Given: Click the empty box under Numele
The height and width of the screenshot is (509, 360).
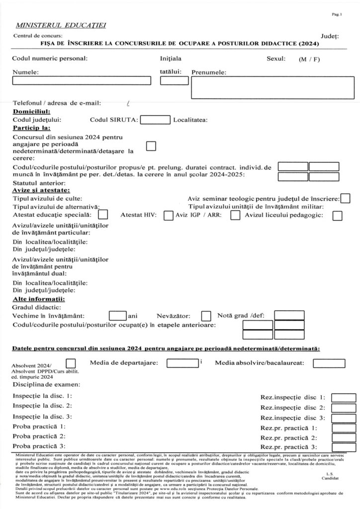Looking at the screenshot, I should click(81, 81).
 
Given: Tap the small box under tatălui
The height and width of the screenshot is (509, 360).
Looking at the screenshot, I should click(171, 81).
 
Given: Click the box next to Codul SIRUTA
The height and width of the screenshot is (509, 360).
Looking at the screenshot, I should click(155, 119).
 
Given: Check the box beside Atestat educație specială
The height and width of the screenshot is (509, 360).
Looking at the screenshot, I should click(103, 215).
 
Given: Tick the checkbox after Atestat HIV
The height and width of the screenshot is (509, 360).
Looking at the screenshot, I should click(168, 215).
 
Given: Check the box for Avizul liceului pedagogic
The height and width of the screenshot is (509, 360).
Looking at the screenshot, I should click(337, 215).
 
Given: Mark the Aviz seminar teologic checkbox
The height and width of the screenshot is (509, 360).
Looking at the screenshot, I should click(345, 198).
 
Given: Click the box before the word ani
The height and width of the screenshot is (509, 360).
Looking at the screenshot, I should click(117, 315).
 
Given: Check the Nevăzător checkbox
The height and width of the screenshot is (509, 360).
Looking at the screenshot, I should click(206, 316).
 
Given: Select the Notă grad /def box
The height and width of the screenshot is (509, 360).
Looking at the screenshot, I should click(289, 315).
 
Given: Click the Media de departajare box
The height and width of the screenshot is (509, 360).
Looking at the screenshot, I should click(182, 363).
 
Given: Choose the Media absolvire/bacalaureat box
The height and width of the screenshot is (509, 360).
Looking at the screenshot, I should click(329, 363).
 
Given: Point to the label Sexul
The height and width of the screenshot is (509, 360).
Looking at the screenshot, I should click(276, 59).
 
